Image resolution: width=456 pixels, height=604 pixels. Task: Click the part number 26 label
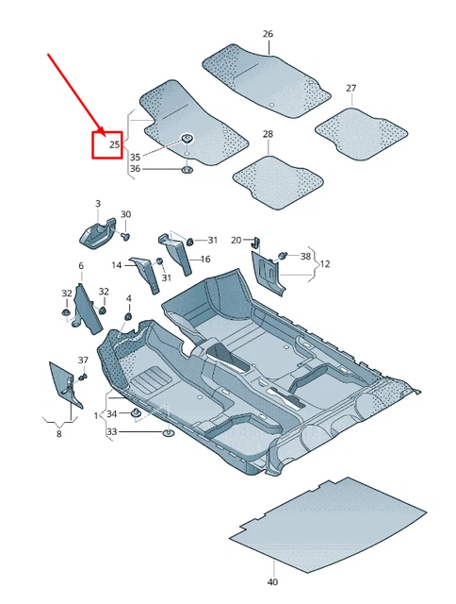point(268,34)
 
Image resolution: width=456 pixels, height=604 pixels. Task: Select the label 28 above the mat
point(268,135)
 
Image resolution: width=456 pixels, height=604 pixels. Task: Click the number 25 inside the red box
point(114,144)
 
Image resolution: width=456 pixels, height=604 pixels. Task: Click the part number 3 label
point(97,204)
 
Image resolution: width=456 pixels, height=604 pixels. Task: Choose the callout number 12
point(325,265)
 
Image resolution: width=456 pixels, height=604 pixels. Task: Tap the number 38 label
point(304,256)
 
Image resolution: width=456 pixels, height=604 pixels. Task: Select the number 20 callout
point(236,241)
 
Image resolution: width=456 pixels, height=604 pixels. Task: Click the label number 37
point(83,361)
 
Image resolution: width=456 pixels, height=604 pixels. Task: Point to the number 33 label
point(112,432)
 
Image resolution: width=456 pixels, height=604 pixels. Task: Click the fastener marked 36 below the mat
point(187,170)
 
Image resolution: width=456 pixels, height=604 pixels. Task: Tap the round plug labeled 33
point(168,432)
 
